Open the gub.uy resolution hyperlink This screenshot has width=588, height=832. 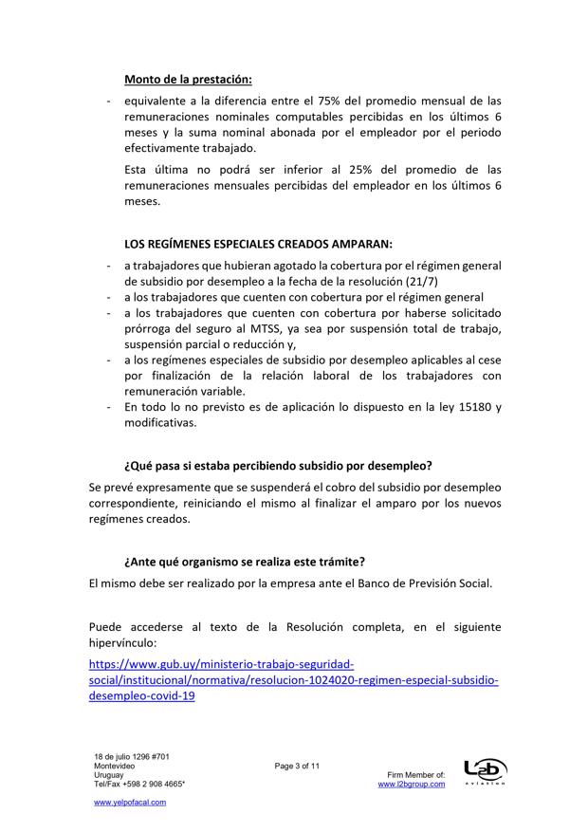[293, 680]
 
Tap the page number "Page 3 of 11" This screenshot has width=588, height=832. [298, 765]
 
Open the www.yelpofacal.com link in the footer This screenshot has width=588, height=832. [130, 802]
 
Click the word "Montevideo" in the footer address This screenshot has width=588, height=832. [114, 765]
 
